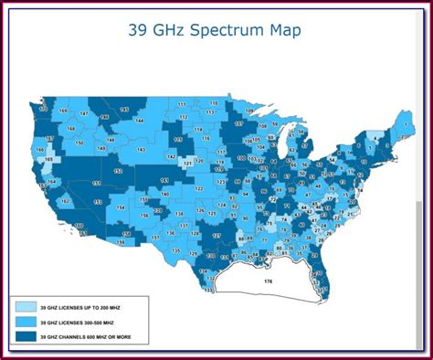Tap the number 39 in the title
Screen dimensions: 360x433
(x=137, y=31)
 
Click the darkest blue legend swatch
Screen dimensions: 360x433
(x=25, y=336)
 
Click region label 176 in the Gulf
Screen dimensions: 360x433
(x=268, y=281)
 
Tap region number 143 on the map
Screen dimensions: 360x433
(x=141, y=149)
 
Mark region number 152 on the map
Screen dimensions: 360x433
(x=118, y=171)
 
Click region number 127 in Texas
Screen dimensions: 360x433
(x=216, y=235)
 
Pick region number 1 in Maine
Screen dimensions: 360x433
(x=404, y=119)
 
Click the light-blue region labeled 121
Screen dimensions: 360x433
(x=188, y=163)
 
